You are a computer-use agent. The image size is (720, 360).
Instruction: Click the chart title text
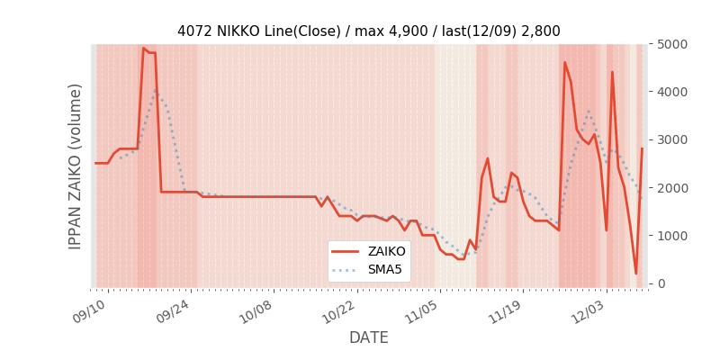(x=368, y=31)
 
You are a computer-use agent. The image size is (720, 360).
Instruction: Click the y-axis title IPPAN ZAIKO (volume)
(x=76, y=166)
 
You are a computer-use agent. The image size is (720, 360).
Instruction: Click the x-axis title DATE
(x=368, y=337)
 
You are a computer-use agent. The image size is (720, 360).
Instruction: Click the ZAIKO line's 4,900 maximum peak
(x=143, y=49)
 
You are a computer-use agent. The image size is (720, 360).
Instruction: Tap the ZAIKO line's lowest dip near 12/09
(x=635, y=274)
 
